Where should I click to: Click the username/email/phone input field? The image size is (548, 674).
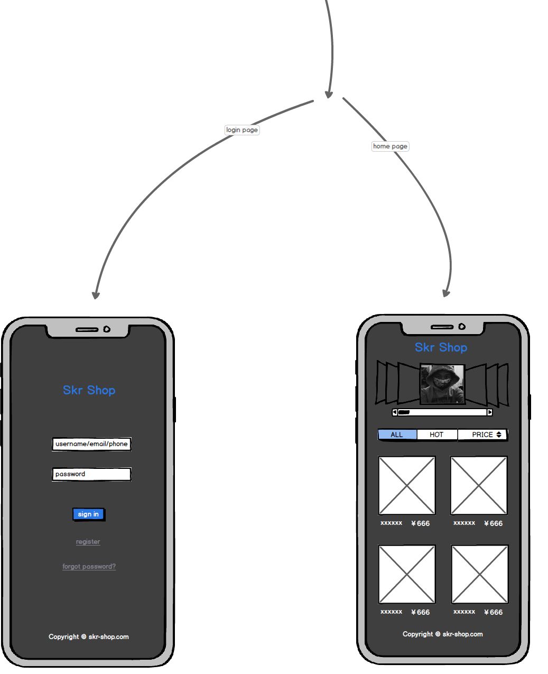[x=91, y=444]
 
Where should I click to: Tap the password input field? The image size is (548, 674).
[x=91, y=474]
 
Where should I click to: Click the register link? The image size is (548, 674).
[x=88, y=542]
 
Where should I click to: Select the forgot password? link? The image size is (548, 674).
[x=89, y=567]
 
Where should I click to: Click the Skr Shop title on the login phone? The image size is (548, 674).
[x=89, y=390]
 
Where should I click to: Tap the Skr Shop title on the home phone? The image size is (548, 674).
[x=441, y=347]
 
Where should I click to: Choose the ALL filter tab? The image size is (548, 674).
[x=397, y=435]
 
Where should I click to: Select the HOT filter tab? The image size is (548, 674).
[x=436, y=435]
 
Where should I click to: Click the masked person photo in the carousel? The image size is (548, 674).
[x=442, y=384]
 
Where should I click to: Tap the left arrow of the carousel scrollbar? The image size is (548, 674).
[x=395, y=412]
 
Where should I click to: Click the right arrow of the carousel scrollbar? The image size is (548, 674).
[x=489, y=412]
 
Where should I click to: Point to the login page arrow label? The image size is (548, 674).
[x=242, y=130]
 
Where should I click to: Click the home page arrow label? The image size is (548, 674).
[x=390, y=146]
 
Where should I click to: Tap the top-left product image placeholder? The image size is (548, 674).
[x=407, y=485]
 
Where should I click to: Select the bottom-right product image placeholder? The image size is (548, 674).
[x=480, y=574]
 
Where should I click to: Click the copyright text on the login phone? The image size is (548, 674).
[x=89, y=637]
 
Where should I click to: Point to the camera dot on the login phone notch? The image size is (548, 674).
[x=107, y=329]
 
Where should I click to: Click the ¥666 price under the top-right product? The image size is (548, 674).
[x=494, y=523]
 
